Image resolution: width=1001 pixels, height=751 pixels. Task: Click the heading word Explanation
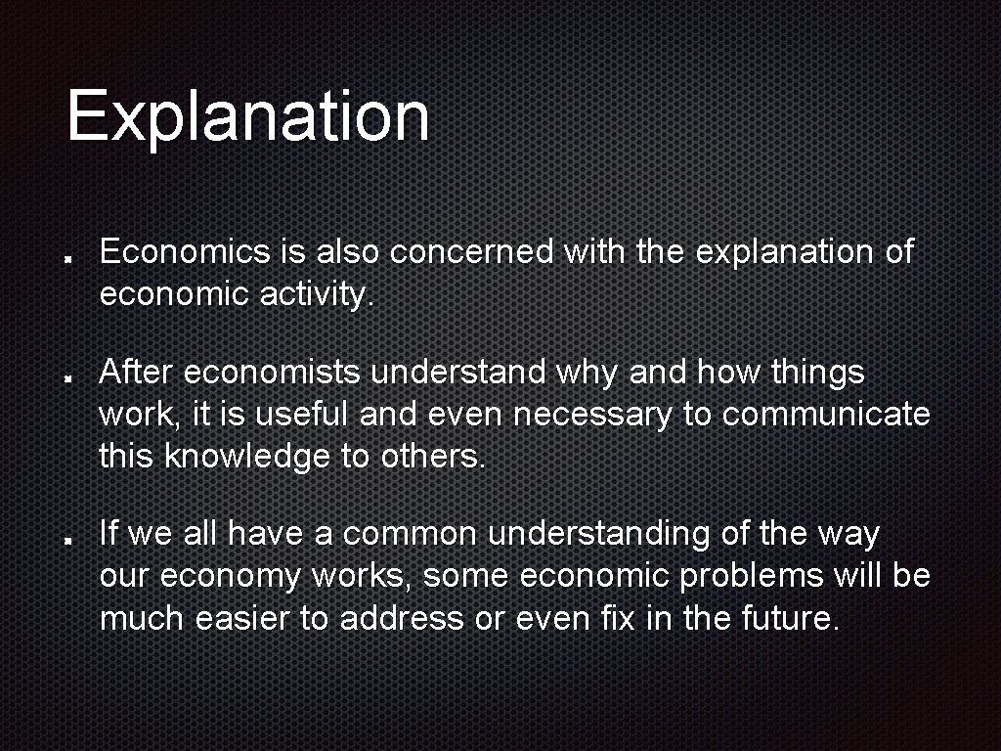click(247, 116)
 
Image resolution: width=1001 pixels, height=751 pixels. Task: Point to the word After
click(136, 373)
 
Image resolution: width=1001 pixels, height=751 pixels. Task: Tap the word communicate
click(826, 415)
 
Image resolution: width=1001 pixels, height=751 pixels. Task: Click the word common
click(410, 535)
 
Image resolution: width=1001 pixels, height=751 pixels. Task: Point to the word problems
click(751, 577)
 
